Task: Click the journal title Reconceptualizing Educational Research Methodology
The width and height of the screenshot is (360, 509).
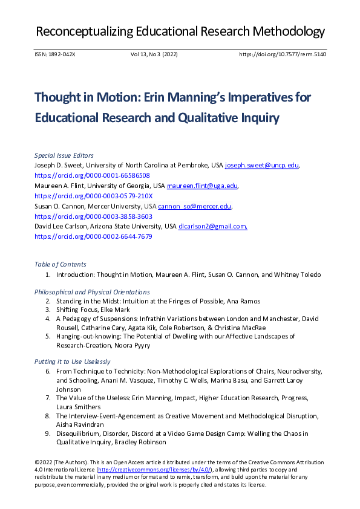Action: click(x=180, y=31)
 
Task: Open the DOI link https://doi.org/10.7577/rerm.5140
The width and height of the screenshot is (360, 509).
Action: click(x=283, y=54)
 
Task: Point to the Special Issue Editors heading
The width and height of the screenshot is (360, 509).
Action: click(x=64, y=155)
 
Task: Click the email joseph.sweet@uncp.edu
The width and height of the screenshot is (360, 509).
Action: click(x=261, y=165)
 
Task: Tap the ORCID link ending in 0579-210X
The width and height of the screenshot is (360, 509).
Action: click(x=94, y=196)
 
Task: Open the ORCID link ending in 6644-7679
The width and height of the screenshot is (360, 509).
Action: click(x=93, y=236)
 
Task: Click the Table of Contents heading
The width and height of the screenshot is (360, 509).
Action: click(x=60, y=264)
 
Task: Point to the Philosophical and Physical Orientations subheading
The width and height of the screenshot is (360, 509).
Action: click(x=92, y=292)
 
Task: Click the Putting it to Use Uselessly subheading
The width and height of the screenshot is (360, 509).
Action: click(x=73, y=361)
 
